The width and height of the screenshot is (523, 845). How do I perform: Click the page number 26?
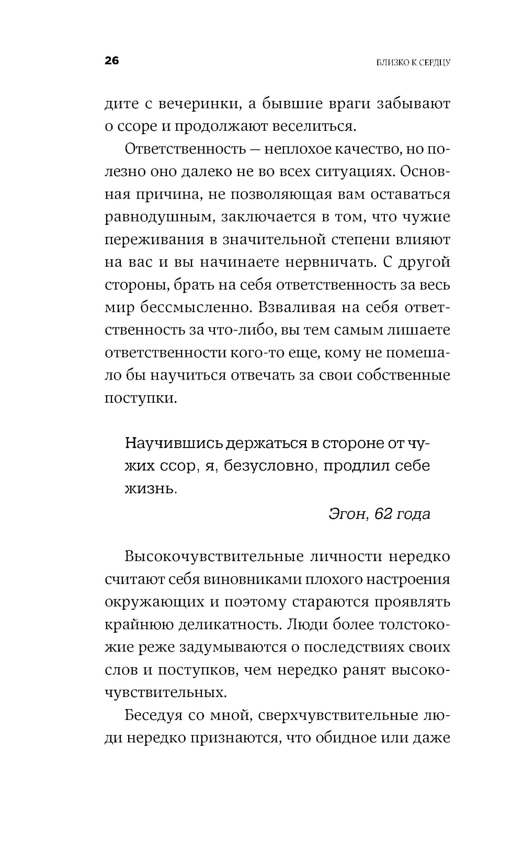pos(112,61)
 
